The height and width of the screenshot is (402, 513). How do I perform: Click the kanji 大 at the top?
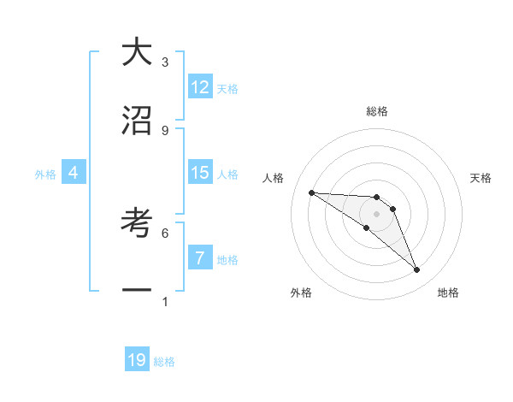coord(137,53)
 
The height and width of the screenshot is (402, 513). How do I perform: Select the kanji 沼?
coord(137,121)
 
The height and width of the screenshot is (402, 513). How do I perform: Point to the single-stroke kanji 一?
coord(137,291)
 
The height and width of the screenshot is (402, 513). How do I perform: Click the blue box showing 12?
coord(200,87)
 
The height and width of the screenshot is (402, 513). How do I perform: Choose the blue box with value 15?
coord(200,173)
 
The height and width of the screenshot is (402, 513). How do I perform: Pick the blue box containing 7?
coord(200,258)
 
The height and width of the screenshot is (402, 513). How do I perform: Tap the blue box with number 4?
coord(73,173)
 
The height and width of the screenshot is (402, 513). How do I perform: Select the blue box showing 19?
coord(137,360)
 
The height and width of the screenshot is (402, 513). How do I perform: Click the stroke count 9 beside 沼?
coord(165,130)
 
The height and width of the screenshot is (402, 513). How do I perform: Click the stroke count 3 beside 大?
coord(165,62)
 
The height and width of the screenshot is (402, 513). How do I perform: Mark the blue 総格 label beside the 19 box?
coord(164,363)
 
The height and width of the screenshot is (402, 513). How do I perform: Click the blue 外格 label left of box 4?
coord(45,174)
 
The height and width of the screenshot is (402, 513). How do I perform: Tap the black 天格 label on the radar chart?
coord(481,178)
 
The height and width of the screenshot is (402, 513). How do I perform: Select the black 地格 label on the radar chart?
coord(448,293)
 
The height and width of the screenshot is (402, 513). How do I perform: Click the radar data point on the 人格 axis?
coord(311,192)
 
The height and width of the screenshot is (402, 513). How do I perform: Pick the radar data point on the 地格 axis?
coord(416,270)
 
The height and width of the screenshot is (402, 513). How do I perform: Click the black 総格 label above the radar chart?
coord(377,111)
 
